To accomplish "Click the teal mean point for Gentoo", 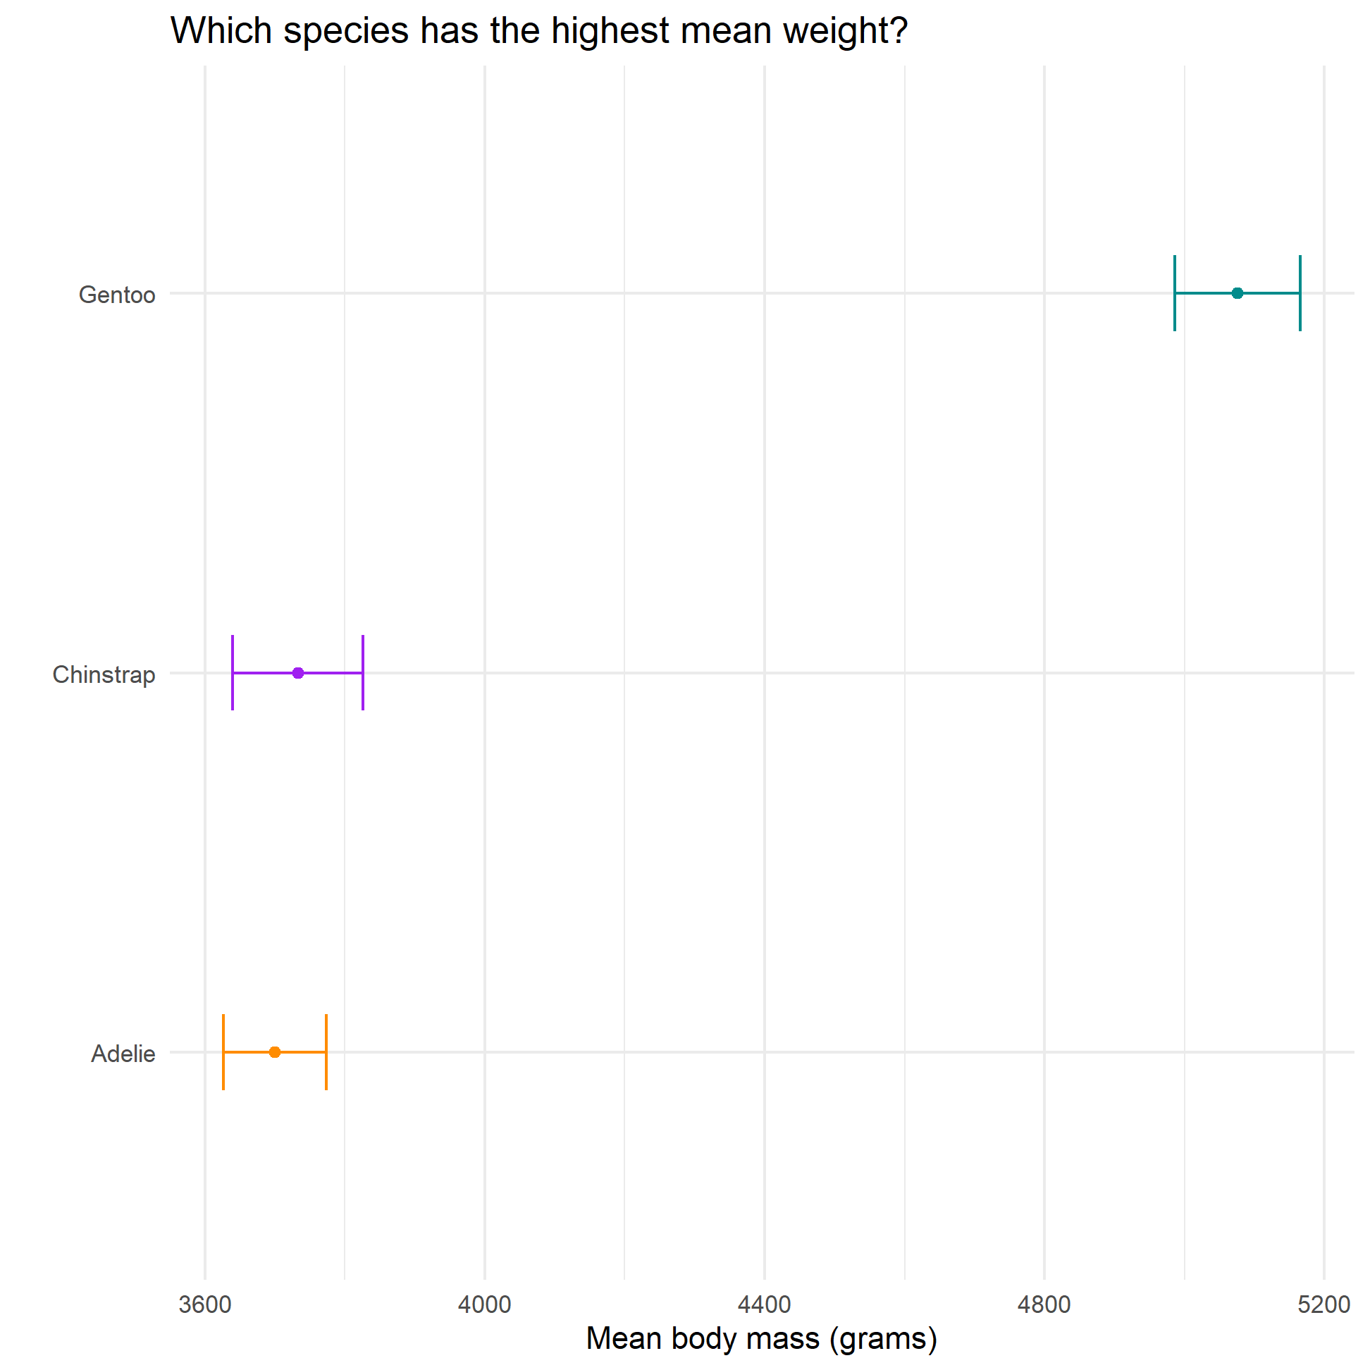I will click(x=1238, y=293).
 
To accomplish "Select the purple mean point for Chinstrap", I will click(x=298, y=673).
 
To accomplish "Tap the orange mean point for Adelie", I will click(x=274, y=1052).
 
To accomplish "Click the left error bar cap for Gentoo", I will click(x=1175, y=293).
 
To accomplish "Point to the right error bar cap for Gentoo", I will click(x=1300, y=293).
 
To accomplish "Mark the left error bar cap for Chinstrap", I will click(x=233, y=673).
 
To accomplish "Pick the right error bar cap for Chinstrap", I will click(x=363, y=673).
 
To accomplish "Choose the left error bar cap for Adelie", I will click(x=223, y=1052).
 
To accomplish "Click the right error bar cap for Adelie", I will click(x=326, y=1052).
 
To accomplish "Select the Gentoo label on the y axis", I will click(x=117, y=295).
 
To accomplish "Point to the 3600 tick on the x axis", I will click(x=205, y=1304).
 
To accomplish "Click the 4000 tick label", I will click(x=484, y=1304).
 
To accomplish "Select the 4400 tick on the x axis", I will click(x=765, y=1304).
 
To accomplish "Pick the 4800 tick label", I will click(x=1044, y=1304).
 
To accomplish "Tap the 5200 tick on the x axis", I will click(x=1324, y=1304).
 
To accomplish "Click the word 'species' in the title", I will click(x=346, y=32).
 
